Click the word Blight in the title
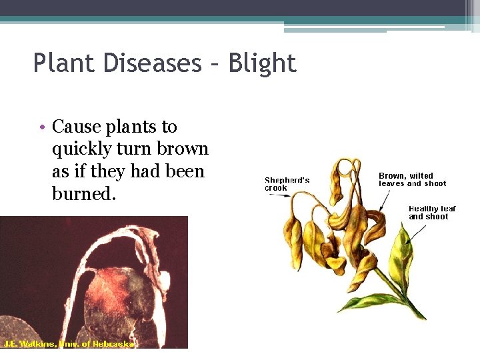[262, 63]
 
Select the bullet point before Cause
[41, 127]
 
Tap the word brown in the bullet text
[183, 149]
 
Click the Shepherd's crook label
[287, 184]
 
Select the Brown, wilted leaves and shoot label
[412, 179]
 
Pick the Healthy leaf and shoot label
[432, 212]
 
